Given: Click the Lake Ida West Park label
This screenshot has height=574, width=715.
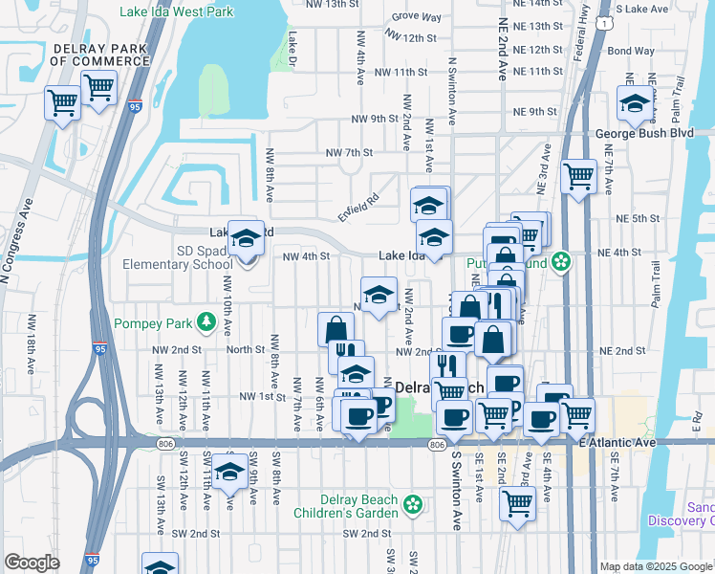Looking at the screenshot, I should coord(178,12).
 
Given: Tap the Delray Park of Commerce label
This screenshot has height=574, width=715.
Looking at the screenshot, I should coord(100,54).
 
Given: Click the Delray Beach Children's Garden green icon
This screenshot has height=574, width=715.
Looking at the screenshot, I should coord(413,503).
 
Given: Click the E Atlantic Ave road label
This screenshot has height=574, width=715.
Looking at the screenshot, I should coord(617,442).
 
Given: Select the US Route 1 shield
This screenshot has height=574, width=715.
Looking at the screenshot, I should coord(604,21).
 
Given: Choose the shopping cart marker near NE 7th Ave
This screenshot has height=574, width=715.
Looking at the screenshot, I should coord(578,176).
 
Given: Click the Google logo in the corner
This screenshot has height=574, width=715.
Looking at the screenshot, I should coord(32,563).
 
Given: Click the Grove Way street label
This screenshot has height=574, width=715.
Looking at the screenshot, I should coord(417,17).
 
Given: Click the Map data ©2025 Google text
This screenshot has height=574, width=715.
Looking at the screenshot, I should coord(656,566).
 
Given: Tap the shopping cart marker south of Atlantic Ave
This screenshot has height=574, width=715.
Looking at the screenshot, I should coord(517,501).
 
